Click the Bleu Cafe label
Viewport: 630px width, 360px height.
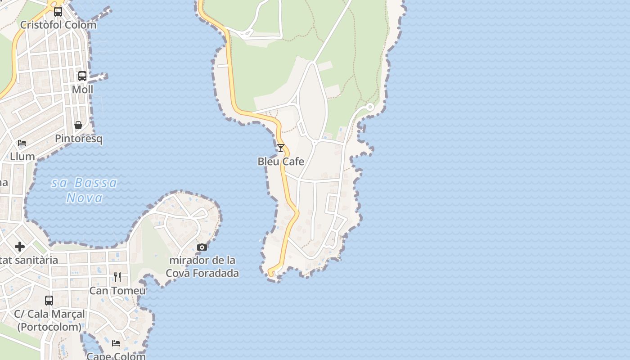[x=281, y=162]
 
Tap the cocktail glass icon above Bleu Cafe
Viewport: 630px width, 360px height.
[x=281, y=148]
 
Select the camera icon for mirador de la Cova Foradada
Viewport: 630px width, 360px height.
[x=202, y=247]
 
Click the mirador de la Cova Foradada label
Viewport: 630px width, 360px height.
[x=202, y=266]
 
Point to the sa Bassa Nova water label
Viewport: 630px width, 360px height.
[x=84, y=190]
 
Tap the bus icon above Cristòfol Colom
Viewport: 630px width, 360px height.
[x=58, y=12]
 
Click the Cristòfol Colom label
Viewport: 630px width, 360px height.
[x=58, y=25]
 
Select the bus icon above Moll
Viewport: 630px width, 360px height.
[x=82, y=76]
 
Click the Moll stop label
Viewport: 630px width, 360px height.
[x=82, y=90]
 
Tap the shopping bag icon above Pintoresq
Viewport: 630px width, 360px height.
[x=78, y=125]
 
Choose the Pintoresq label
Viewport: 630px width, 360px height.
[x=79, y=139]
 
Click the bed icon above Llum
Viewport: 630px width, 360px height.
[x=22, y=143]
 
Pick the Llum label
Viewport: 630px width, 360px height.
[x=22, y=157]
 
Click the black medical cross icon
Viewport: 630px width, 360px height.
[x=20, y=247]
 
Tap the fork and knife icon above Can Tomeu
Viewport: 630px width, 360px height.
[x=117, y=277]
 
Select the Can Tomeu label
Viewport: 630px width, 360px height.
[x=117, y=291]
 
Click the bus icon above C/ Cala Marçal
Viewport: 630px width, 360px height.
[x=49, y=300]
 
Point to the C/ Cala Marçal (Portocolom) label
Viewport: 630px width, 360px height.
[x=49, y=320]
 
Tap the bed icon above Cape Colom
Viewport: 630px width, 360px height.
[x=116, y=343]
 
